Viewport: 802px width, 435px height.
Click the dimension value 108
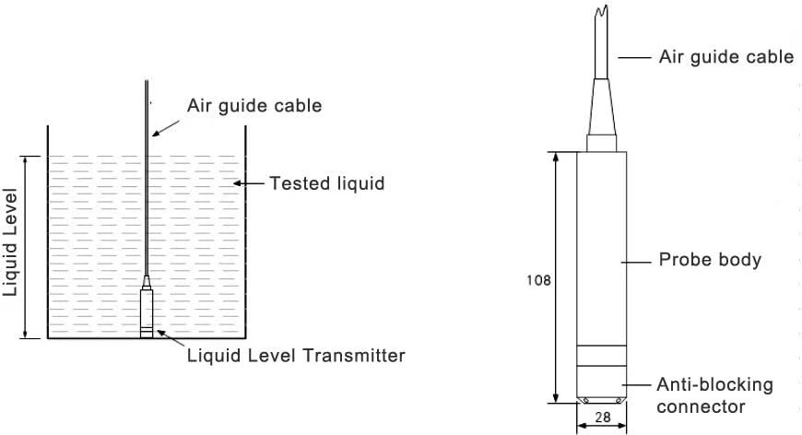pyautogui.click(x=538, y=280)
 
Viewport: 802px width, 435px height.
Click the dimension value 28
pyautogui.click(x=603, y=417)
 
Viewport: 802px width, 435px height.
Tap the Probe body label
pyautogui.click(x=710, y=260)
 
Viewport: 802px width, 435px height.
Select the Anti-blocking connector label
pyautogui.click(x=714, y=395)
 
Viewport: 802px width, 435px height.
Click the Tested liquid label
pyautogui.click(x=327, y=183)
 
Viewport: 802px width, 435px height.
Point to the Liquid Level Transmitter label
pyautogui.click(x=296, y=355)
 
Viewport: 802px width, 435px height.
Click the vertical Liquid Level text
pyautogui.click(x=10, y=242)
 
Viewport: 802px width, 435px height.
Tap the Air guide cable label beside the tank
pyautogui.click(x=254, y=106)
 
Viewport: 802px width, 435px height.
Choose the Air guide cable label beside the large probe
pyautogui.click(x=726, y=57)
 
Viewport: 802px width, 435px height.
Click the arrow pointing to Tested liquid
pyautogui.click(x=249, y=183)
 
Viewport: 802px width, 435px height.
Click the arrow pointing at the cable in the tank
pyautogui.click(x=166, y=128)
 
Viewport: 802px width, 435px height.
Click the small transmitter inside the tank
pyautogui.click(x=147, y=307)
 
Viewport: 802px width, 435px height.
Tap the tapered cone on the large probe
pyautogui.click(x=601, y=107)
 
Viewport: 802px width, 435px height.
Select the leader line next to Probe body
pyautogui.click(x=636, y=263)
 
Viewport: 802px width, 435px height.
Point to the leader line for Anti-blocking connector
pyautogui.click(x=636, y=385)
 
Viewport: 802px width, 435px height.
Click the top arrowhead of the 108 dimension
pyautogui.click(x=557, y=156)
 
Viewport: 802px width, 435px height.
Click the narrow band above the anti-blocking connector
pyautogui.click(x=601, y=356)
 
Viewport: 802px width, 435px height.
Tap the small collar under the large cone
pyautogui.click(x=601, y=143)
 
